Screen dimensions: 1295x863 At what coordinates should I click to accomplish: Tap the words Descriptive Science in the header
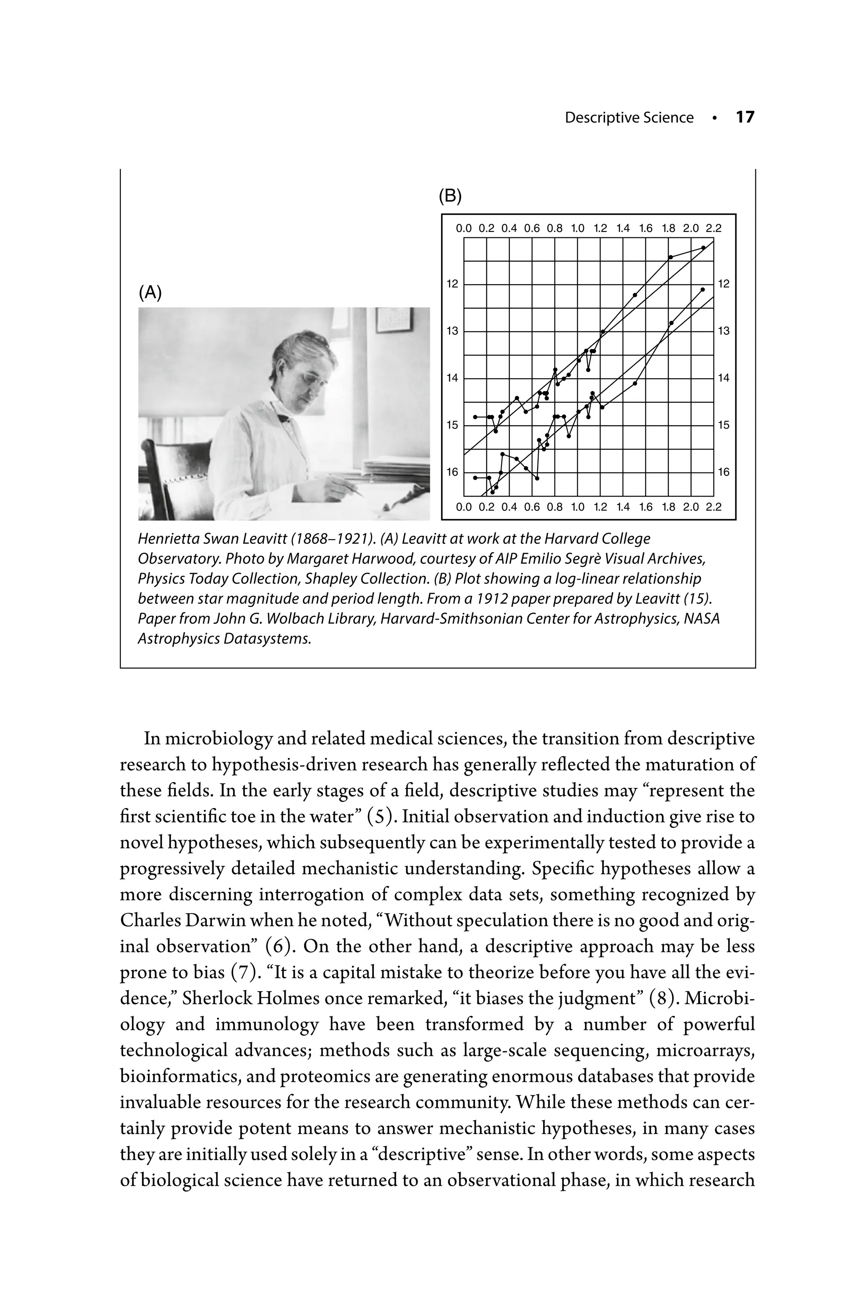(x=629, y=118)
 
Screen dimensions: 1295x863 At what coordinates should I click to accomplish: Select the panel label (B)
(x=450, y=196)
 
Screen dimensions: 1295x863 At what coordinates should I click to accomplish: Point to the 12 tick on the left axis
(x=452, y=284)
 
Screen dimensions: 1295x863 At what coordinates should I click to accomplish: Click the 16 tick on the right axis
(x=724, y=472)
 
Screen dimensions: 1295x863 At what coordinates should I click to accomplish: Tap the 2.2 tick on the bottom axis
(x=713, y=507)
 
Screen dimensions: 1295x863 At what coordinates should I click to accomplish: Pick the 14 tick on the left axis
(x=452, y=378)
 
